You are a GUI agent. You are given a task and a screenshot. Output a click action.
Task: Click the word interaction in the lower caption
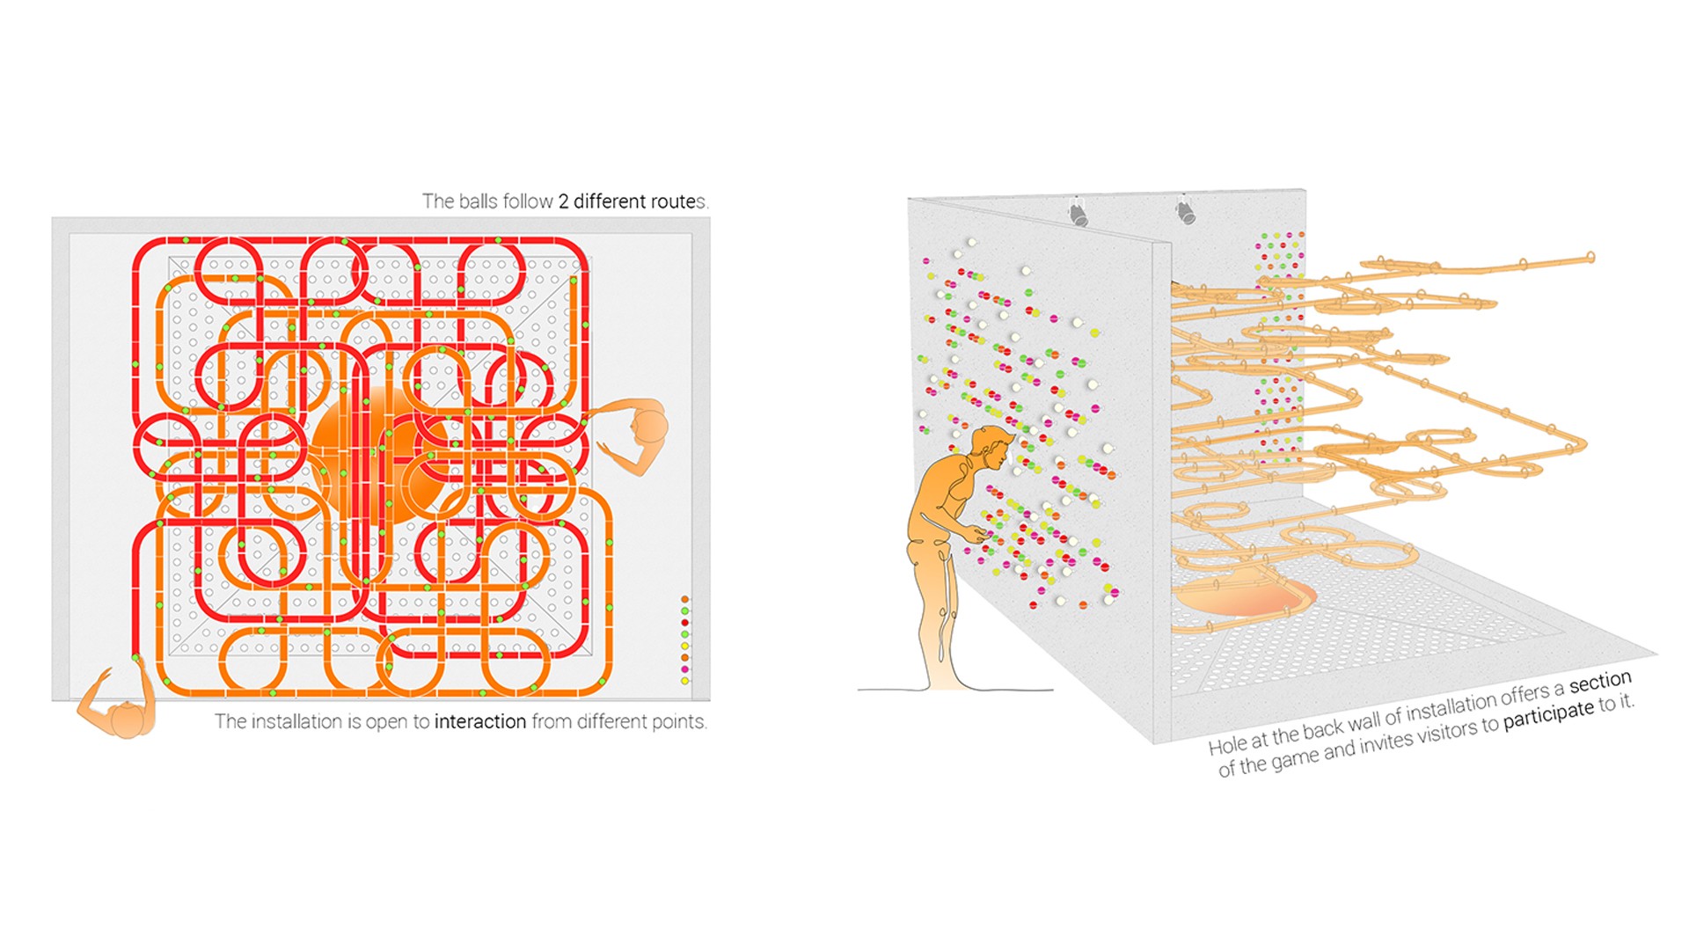[479, 722]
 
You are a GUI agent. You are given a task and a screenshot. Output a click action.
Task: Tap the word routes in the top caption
[675, 201]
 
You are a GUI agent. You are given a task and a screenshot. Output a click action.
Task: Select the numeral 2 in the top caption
[563, 201]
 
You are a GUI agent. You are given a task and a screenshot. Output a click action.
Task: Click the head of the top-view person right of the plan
[651, 427]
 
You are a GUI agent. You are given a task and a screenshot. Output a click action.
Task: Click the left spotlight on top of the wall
[1078, 213]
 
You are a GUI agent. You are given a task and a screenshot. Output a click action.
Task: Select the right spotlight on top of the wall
[1185, 211]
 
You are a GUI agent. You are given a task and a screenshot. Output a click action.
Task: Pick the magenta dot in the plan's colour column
[685, 669]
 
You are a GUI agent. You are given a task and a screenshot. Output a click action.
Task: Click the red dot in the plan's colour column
[685, 623]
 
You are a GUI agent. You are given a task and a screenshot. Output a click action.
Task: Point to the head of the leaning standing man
[992, 447]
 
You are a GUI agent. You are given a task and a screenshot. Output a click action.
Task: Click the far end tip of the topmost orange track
[1590, 257]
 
